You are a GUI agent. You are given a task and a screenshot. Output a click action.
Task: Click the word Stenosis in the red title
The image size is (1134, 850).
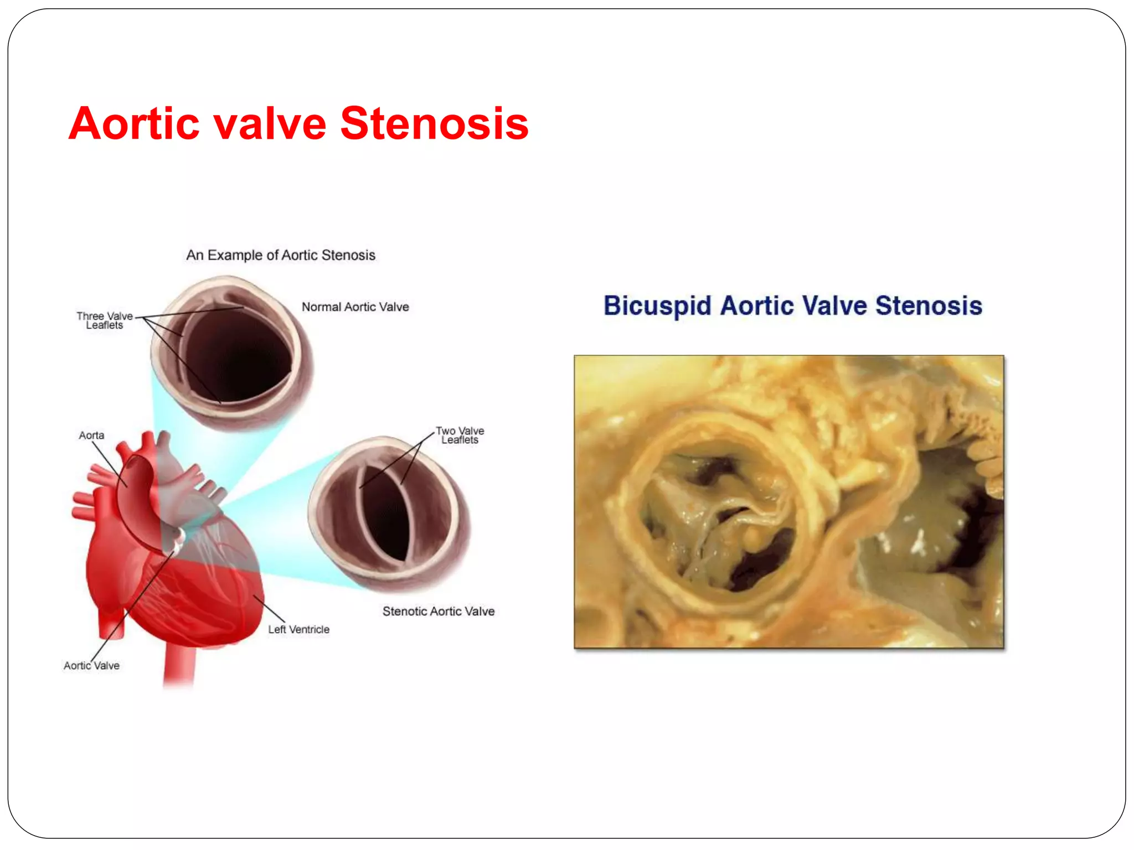(434, 123)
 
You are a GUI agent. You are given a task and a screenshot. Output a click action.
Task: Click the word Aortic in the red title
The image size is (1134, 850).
(133, 123)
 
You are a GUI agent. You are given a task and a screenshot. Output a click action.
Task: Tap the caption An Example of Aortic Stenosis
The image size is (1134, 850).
(281, 255)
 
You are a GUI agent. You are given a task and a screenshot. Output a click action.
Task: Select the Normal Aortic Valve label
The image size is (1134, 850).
(355, 307)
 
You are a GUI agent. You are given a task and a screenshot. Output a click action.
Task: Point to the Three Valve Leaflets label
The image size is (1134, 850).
(104, 320)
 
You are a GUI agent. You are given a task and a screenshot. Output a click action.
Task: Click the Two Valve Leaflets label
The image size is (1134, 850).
(460, 435)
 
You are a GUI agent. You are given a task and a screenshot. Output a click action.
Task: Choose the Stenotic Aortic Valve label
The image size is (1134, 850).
(438, 611)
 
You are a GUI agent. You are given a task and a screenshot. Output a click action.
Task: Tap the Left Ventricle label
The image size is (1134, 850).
(298, 630)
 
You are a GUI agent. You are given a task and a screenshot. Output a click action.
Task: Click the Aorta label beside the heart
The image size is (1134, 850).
(91, 436)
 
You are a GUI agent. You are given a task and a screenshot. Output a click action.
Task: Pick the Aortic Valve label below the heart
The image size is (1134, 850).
(91, 666)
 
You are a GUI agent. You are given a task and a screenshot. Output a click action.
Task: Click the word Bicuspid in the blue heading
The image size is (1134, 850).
(657, 306)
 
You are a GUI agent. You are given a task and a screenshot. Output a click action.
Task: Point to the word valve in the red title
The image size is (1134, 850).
(269, 123)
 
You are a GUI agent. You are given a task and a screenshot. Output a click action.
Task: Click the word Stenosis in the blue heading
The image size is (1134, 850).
(929, 306)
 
